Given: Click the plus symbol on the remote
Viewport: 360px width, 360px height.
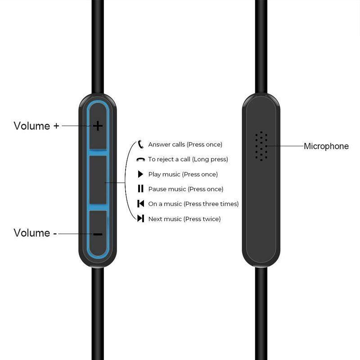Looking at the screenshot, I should click(x=98, y=126).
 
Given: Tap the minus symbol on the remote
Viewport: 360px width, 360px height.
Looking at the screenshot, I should click(x=98, y=234).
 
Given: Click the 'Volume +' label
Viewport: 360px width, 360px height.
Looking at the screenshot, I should click(x=36, y=126).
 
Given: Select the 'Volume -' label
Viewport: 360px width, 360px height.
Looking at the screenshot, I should click(x=35, y=233).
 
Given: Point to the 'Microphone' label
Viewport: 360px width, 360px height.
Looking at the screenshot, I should click(x=326, y=146).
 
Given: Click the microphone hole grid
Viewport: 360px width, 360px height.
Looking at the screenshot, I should click(x=261, y=146).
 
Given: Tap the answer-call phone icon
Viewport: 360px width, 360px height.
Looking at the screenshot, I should click(x=140, y=144).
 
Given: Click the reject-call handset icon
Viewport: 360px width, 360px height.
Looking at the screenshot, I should click(x=140, y=159).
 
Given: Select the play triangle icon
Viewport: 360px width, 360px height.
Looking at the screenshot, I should click(x=140, y=174).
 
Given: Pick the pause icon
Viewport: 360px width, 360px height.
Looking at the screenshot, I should click(x=140, y=189).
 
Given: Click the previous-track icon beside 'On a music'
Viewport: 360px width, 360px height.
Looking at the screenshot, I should click(x=140, y=204).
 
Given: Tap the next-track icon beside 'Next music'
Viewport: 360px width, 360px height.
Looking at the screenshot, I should click(x=140, y=219).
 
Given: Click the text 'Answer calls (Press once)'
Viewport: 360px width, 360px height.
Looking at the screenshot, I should click(x=185, y=144).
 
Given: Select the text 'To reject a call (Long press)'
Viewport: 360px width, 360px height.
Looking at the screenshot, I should click(x=188, y=159).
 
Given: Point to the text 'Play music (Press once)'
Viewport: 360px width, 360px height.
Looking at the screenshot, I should click(x=183, y=174).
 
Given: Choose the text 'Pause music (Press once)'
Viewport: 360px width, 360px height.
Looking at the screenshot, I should click(x=185, y=189).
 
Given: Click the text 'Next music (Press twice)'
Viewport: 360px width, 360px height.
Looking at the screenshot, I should click(x=184, y=219).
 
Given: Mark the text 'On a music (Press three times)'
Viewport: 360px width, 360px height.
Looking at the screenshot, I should click(x=193, y=204).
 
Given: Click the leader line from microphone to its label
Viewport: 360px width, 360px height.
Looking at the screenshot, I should click(x=286, y=146).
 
